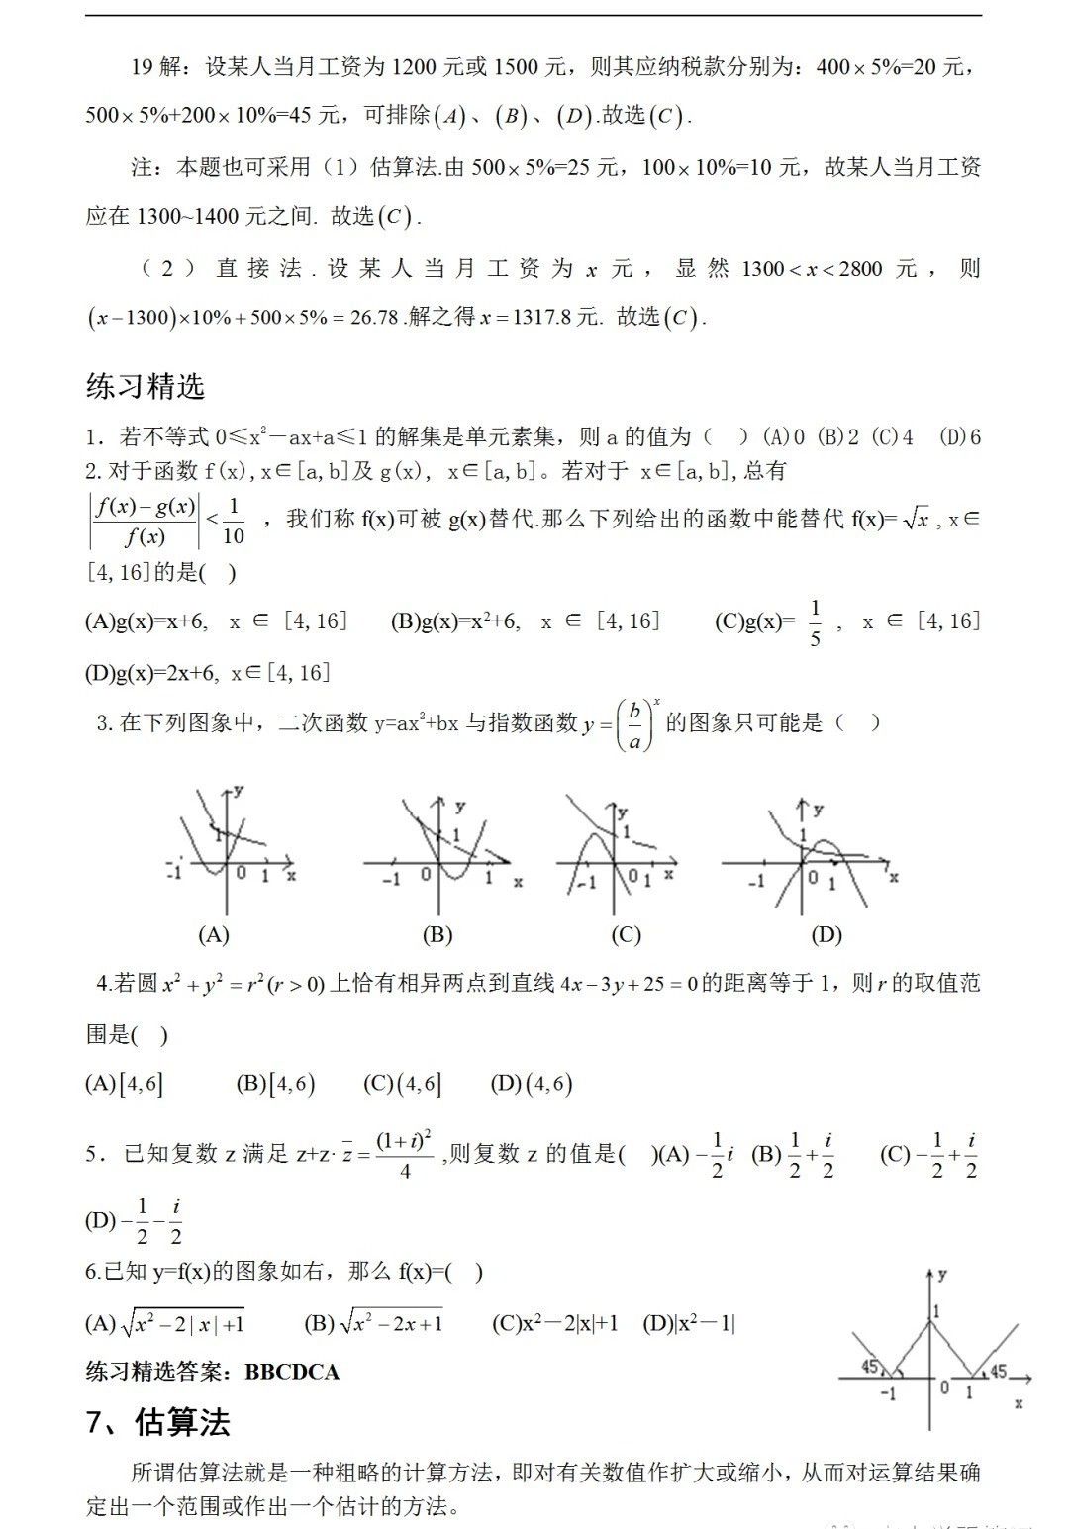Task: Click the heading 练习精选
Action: [146, 386]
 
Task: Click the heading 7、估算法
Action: [157, 1422]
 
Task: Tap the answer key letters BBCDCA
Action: [292, 1372]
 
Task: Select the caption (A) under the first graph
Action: [214, 934]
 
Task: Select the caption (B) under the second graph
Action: [437, 934]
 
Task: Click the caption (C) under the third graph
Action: [627, 934]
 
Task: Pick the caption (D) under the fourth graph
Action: [826, 934]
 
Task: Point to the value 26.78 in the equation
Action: [374, 318]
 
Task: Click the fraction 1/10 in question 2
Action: [233, 522]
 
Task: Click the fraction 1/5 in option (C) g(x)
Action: [815, 622]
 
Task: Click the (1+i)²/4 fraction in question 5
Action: [405, 1155]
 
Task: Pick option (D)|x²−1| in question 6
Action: [689, 1323]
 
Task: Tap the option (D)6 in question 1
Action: [959, 436]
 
